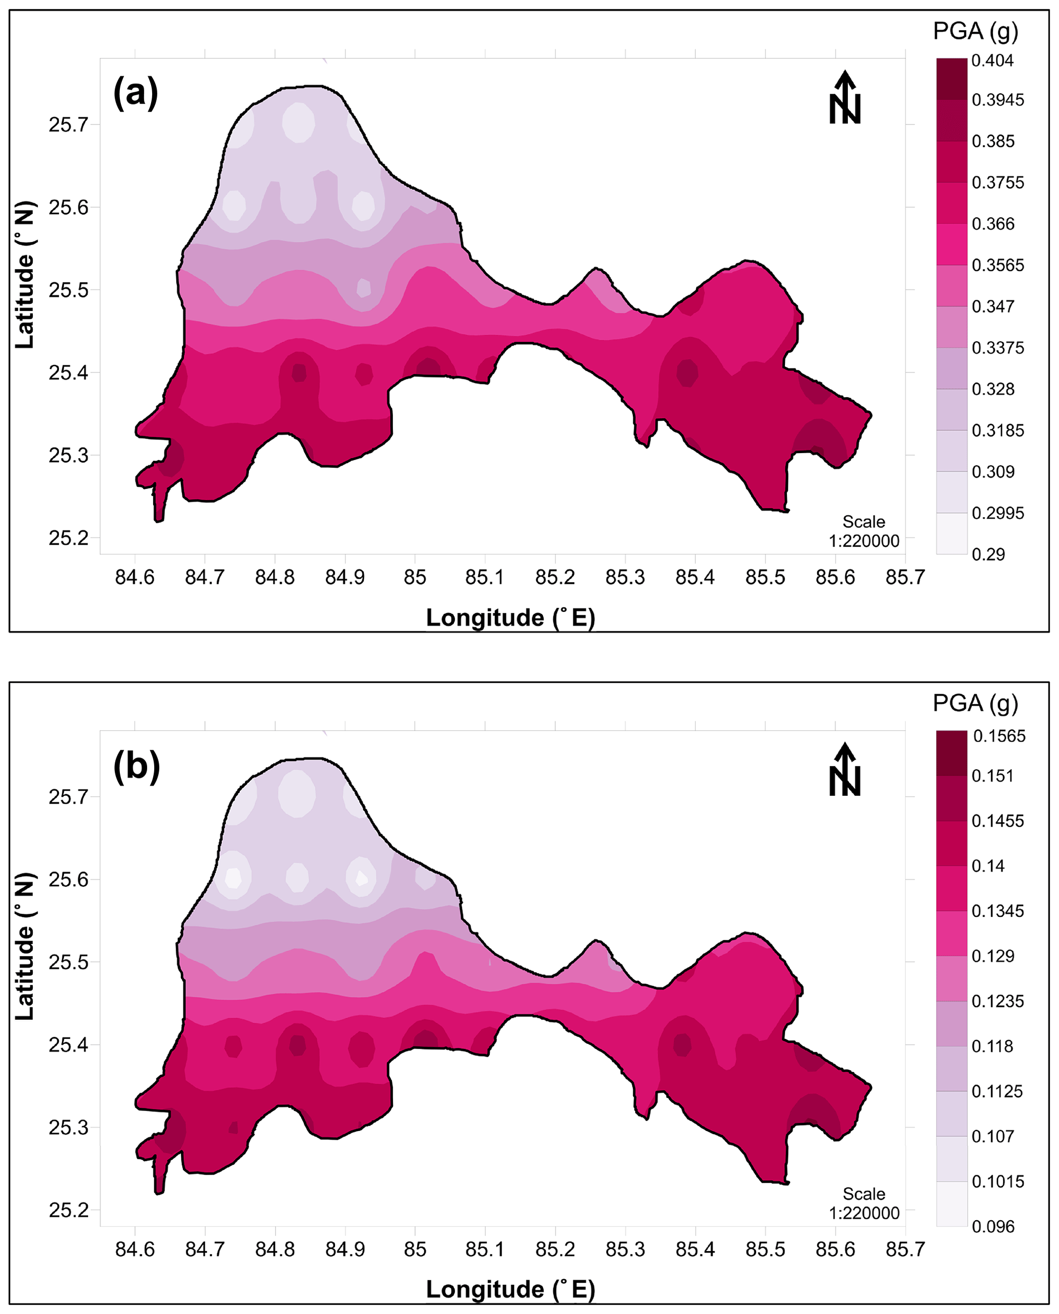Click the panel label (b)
[137, 766]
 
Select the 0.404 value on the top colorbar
[992, 60]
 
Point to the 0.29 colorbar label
[988, 555]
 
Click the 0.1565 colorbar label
[999, 736]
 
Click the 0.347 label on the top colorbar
[993, 307]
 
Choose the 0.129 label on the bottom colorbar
[993, 956]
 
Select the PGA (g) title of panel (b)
[975, 704]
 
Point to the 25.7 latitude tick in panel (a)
[68, 125]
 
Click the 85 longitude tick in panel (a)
[415, 577]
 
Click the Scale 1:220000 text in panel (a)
[864, 531]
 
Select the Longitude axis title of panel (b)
[510, 1289]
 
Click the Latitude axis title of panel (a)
[25, 275]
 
